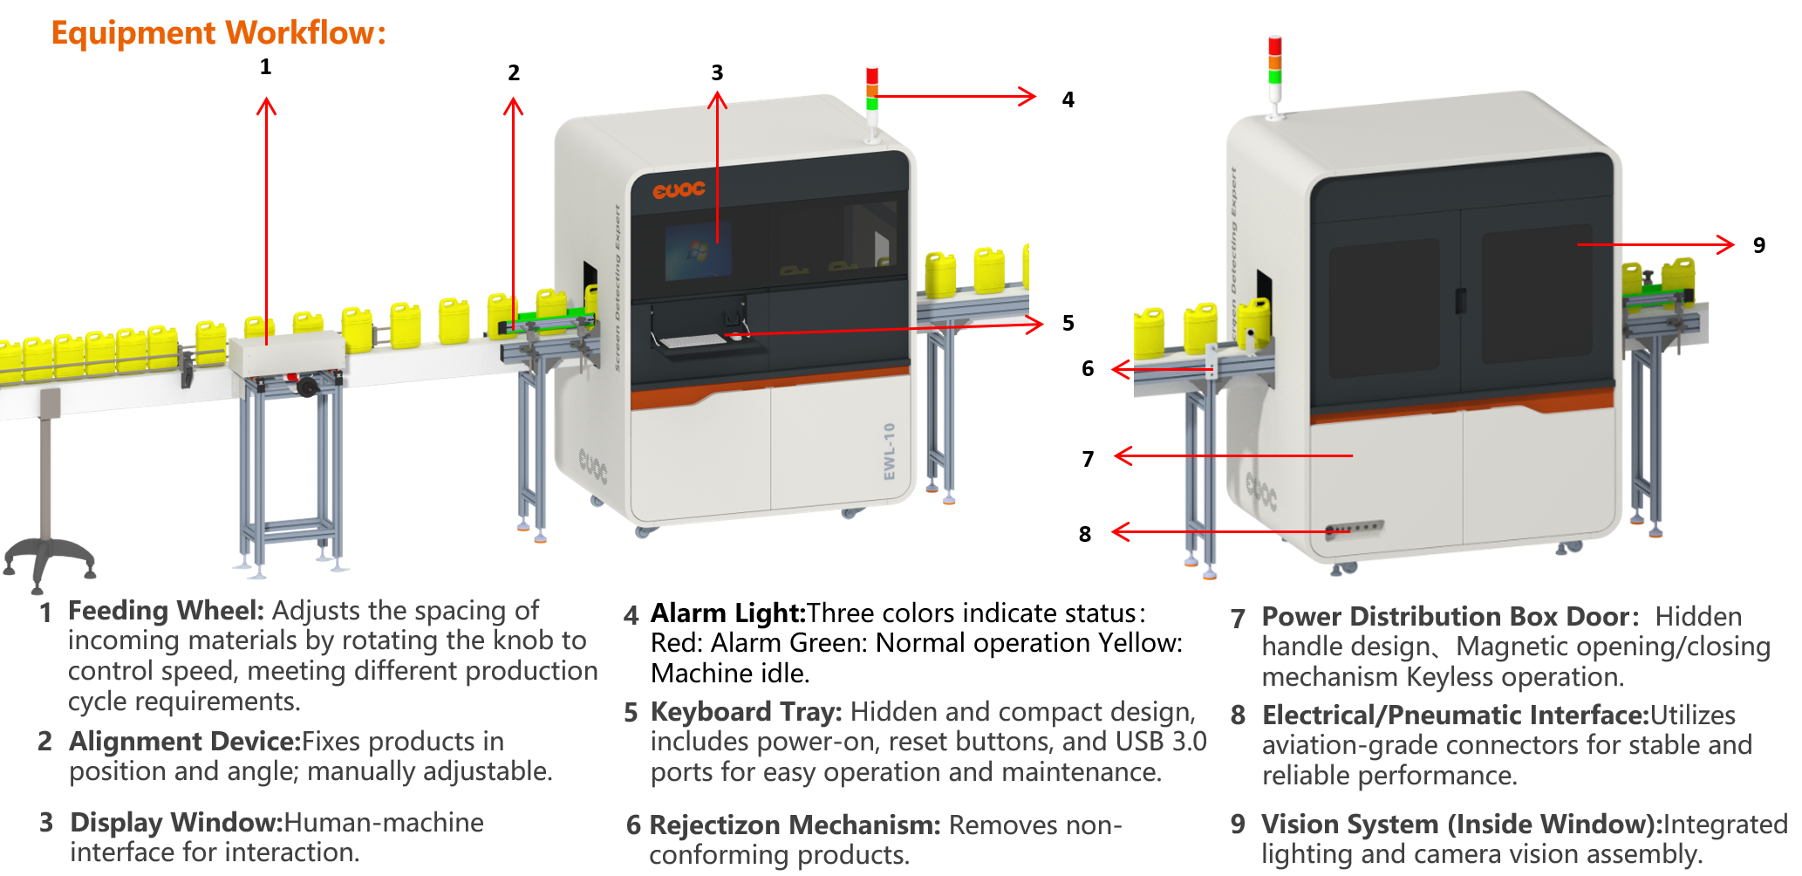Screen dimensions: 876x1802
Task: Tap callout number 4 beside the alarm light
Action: (1068, 99)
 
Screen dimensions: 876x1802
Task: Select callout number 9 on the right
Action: (1758, 245)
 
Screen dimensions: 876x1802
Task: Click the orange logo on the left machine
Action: (679, 189)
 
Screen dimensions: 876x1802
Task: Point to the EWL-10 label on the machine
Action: (889, 451)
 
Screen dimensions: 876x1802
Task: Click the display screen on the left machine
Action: (697, 252)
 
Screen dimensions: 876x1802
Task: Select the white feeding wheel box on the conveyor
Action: (287, 353)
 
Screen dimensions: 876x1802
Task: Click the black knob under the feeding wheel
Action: (307, 386)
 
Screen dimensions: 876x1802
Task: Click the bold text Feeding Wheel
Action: (166, 611)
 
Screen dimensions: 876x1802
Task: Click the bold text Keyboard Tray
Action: (746, 712)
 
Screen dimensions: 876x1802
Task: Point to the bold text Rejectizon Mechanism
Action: (795, 825)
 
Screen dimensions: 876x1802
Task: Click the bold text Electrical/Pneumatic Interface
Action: (1455, 715)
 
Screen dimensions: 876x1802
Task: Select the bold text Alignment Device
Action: (185, 742)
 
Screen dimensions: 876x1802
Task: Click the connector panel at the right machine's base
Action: (1354, 529)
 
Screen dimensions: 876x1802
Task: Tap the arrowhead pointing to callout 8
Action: (1121, 531)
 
